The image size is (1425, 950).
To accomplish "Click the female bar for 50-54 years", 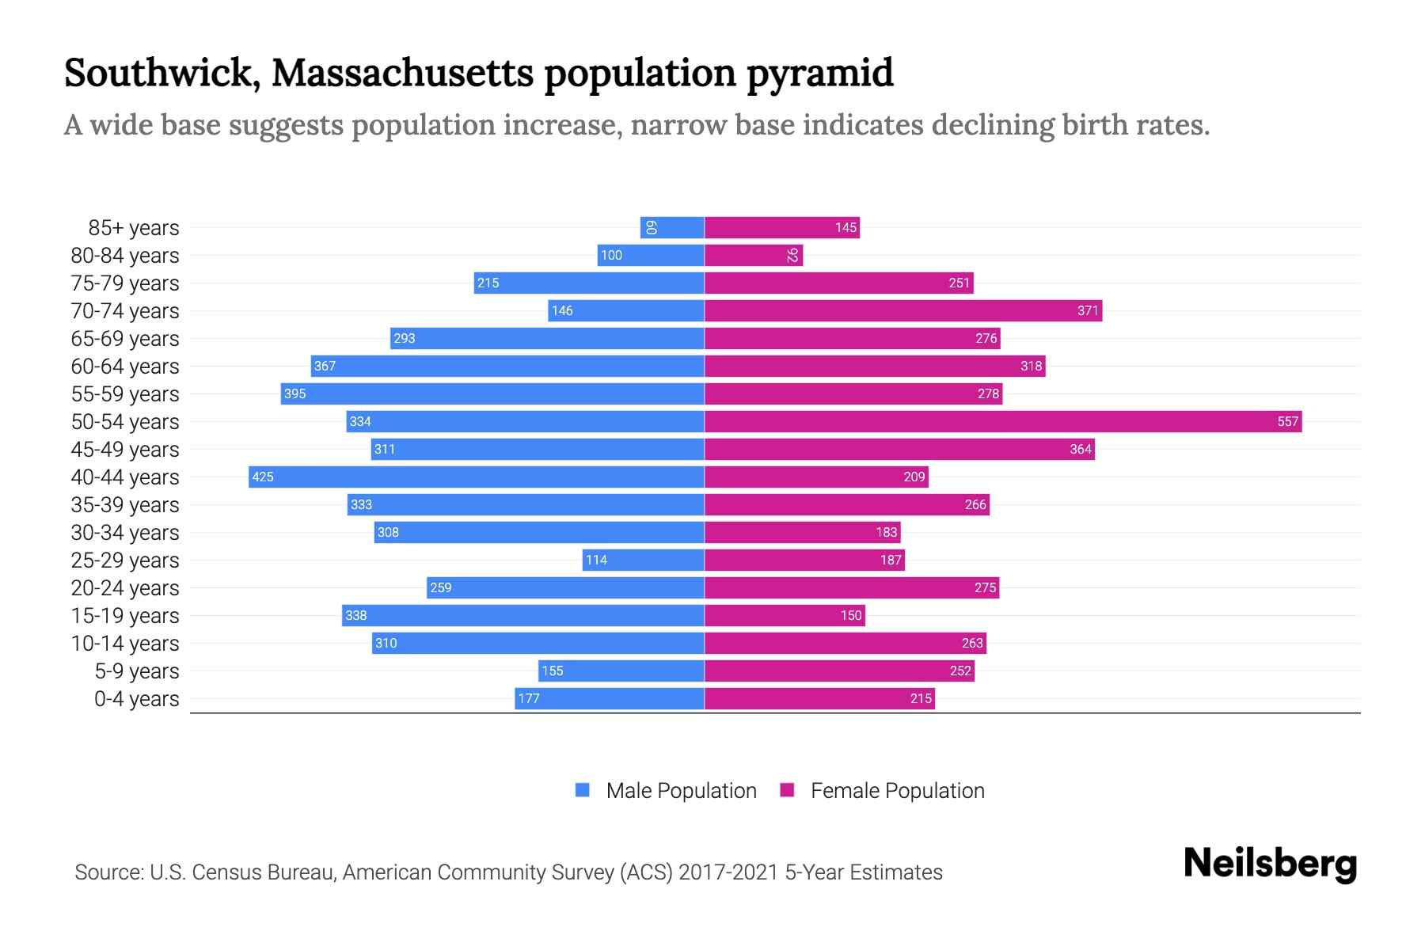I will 1003,421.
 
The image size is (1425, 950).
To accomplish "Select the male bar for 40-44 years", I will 477,477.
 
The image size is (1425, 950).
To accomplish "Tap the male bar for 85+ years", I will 672,227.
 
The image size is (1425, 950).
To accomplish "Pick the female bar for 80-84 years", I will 754,255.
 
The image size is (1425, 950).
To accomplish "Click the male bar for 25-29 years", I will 643,560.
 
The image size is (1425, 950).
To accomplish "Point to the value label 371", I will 1088,310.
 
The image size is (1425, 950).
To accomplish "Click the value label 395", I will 294,393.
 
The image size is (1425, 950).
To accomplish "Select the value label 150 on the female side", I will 851,615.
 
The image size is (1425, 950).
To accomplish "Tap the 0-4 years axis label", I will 136,699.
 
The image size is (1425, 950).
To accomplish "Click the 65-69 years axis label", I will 125,339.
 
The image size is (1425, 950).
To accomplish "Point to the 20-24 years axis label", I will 125,588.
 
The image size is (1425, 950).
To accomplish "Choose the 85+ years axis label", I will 134,228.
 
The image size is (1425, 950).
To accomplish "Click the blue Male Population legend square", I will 583,790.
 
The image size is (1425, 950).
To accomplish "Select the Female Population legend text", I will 897,791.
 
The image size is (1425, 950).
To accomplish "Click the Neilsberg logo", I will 1270,864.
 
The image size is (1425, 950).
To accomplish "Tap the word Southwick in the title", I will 161,73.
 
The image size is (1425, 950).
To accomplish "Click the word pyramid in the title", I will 820,73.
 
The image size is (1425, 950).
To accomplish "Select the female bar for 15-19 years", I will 785,615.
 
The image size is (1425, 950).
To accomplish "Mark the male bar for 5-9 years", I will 621,671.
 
